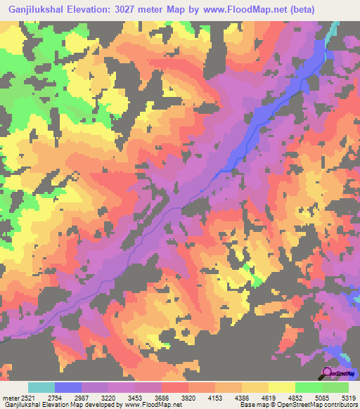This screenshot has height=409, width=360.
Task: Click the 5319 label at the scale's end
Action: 348,398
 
